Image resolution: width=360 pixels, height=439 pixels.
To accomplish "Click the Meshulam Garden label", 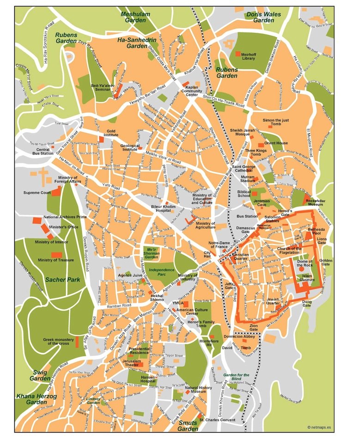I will pyautogui.click(x=135, y=17).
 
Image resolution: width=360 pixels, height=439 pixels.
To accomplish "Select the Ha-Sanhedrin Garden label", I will pyautogui.click(x=137, y=43).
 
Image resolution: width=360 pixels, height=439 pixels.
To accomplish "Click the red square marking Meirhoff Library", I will pyautogui.click(x=238, y=54).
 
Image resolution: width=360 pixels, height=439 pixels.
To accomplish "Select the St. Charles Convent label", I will pyautogui.click(x=217, y=420).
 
